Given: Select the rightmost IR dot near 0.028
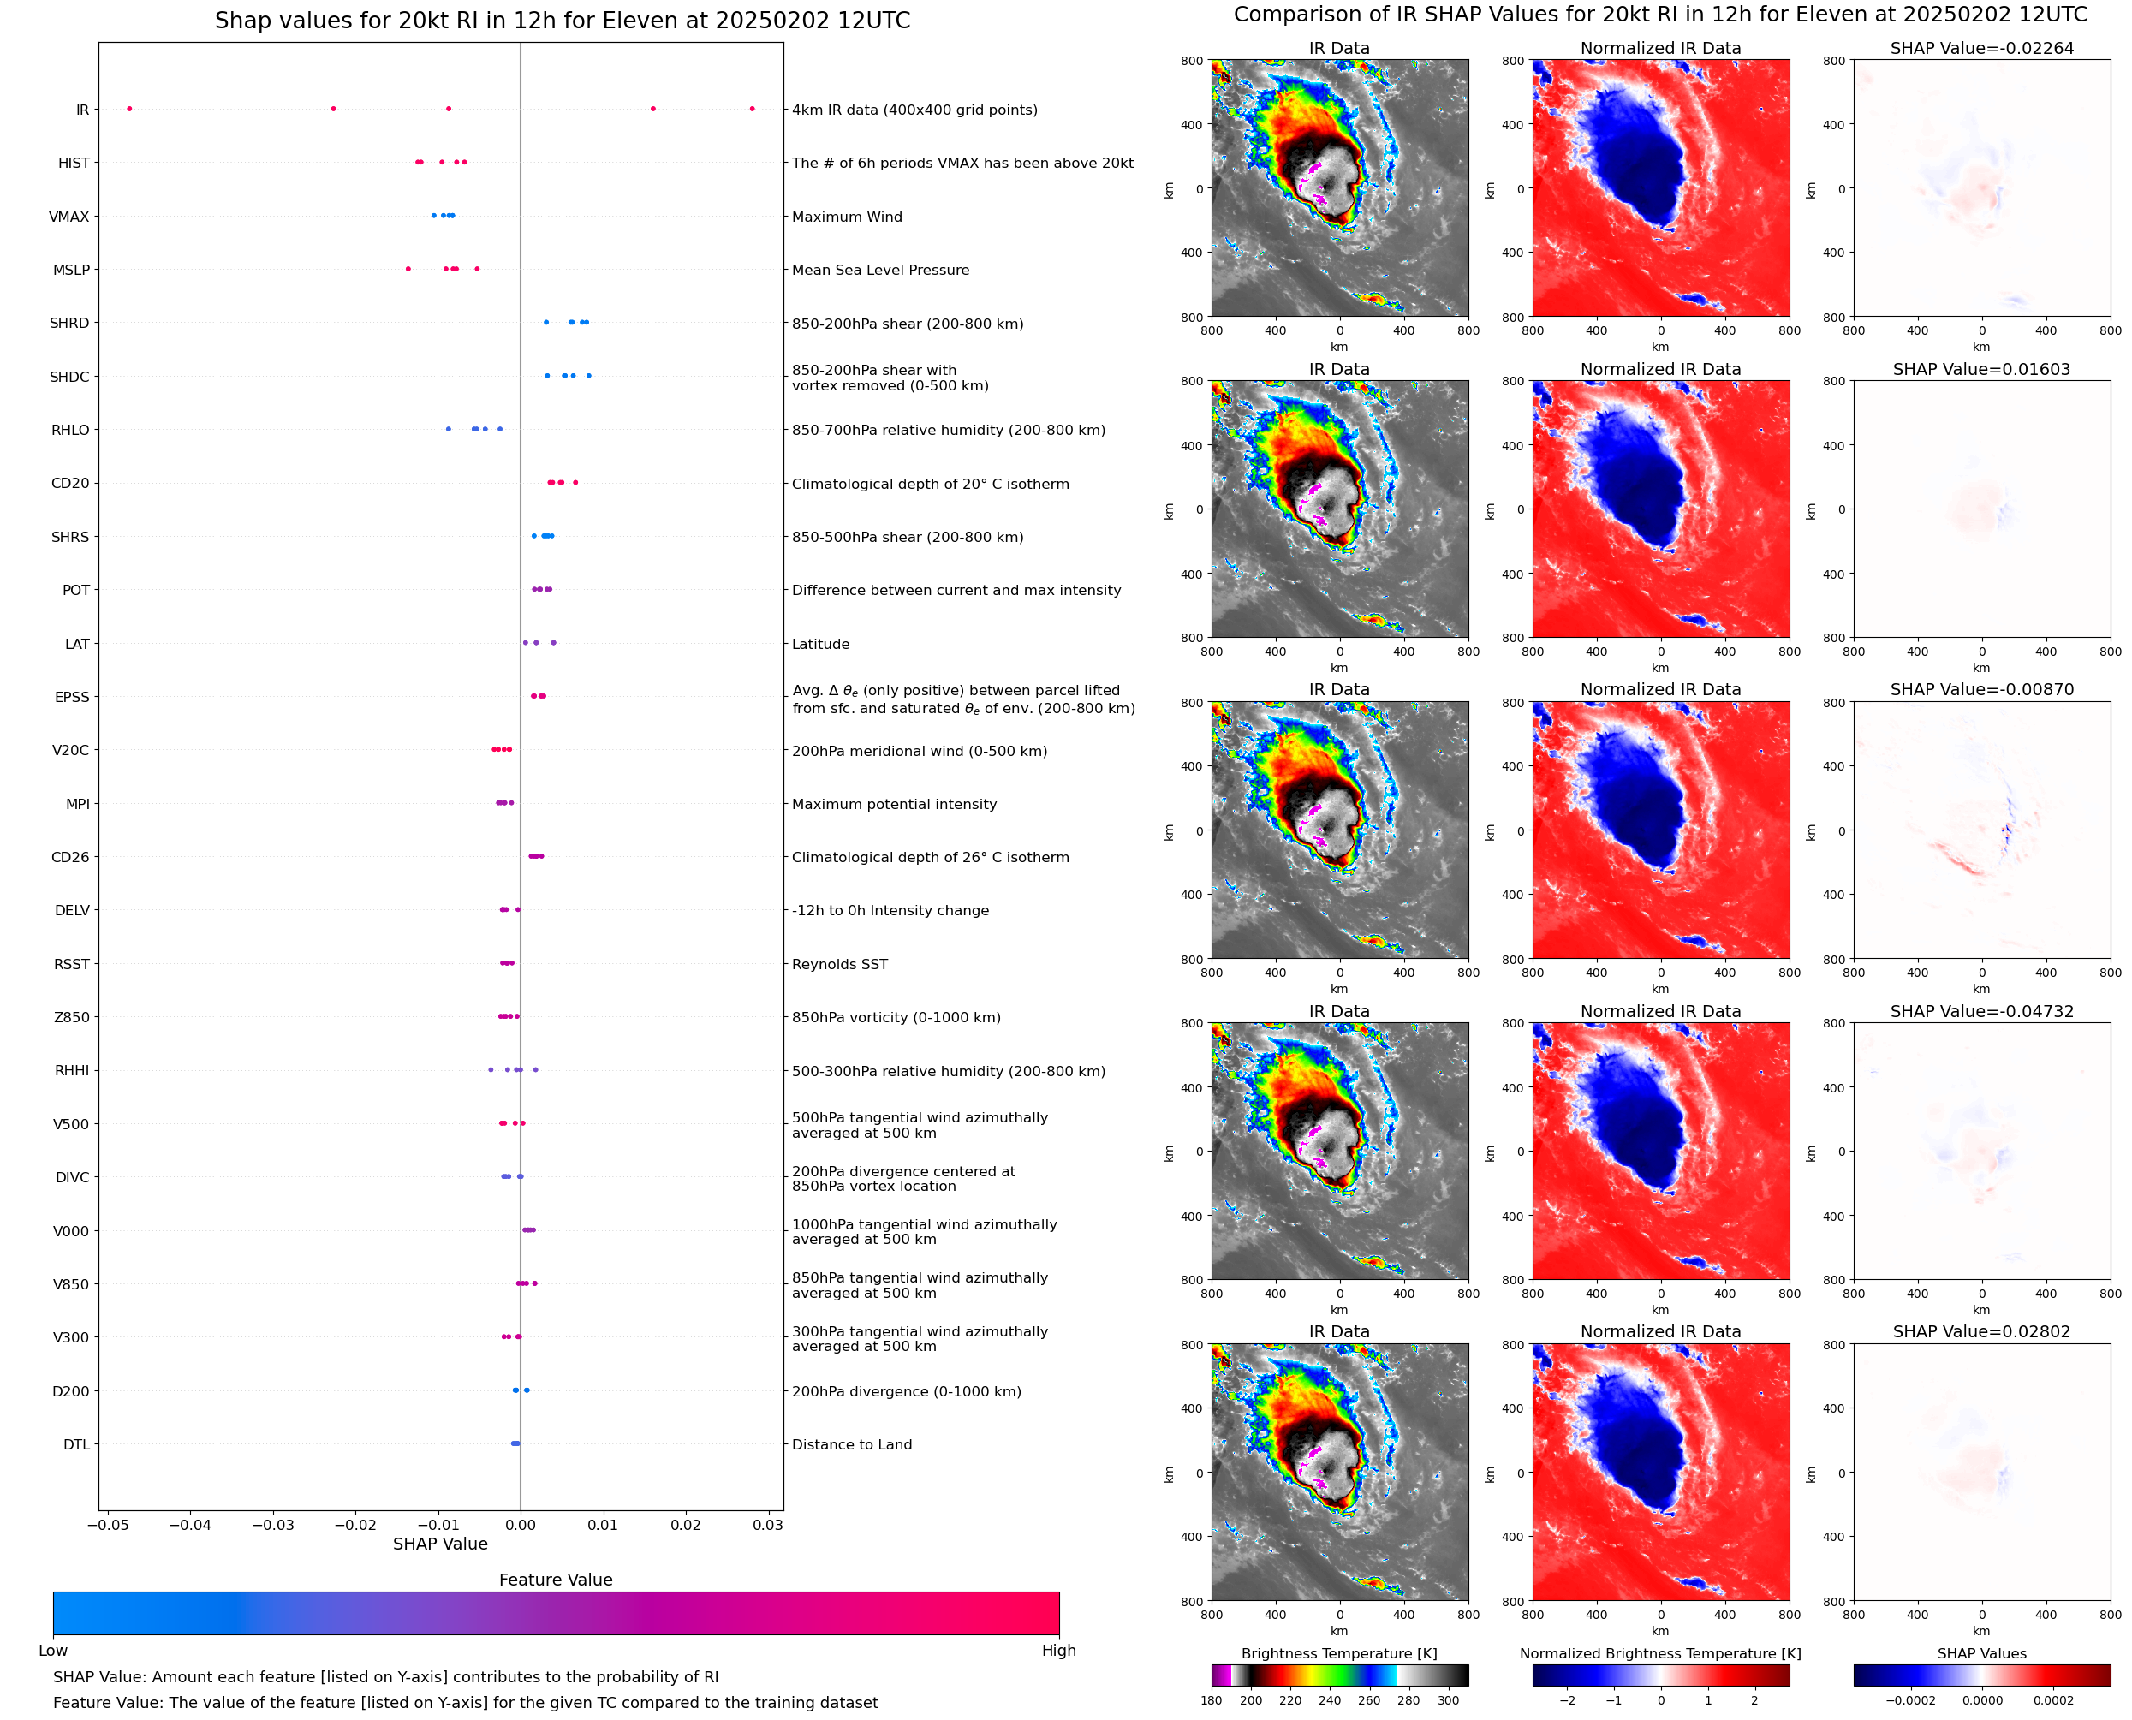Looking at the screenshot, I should tap(752, 109).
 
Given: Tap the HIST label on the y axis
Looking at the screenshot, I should tap(74, 164).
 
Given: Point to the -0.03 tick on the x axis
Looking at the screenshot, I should tap(272, 1525).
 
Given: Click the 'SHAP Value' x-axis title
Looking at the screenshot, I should tap(440, 1544).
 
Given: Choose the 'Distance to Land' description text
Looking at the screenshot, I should tap(852, 1444).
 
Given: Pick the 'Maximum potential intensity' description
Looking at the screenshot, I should tap(894, 805).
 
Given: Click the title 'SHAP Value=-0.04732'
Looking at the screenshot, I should tap(1981, 1012).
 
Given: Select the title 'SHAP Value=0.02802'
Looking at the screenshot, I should tap(1981, 1331).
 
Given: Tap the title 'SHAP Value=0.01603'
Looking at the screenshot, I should tap(1981, 370).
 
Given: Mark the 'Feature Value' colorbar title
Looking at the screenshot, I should tap(556, 1580).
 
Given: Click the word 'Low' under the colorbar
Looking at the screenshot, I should tap(53, 1651).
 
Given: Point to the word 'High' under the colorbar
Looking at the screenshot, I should tap(1058, 1651).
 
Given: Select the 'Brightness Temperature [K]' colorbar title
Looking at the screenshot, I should tap(1338, 1653).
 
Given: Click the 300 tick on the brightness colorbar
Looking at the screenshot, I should tap(1449, 1700).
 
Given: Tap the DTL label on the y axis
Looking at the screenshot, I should tap(77, 1444).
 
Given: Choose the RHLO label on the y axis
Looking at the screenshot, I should tap(70, 430).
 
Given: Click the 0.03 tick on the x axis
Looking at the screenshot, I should tap(768, 1525).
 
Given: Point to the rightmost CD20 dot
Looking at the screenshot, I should tap(575, 483).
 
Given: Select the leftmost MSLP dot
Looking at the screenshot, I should tap(408, 270).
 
